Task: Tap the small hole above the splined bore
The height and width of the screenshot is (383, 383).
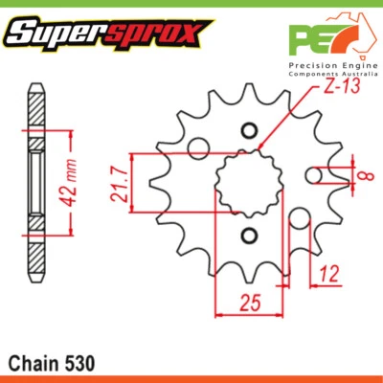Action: pos(250,131)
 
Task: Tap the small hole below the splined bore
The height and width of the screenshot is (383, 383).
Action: pos(250,236)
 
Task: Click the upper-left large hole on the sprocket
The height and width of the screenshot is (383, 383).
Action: pos(199,147)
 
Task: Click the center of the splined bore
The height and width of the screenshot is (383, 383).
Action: pos(250,183)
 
